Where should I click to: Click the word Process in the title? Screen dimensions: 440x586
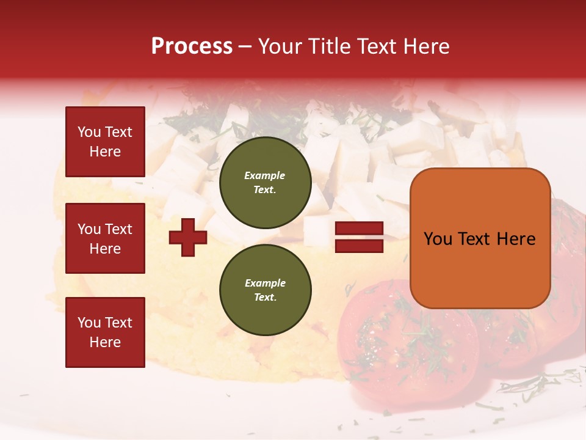click(192, 46)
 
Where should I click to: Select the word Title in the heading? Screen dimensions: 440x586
click(330, 46)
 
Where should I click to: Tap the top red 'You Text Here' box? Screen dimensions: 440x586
click(105, 142)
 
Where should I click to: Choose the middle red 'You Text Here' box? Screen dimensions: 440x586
click(105, 238)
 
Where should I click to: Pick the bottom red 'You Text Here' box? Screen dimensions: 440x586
click(105, 332)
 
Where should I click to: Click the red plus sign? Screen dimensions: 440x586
click(188, 237)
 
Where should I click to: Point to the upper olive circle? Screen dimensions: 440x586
click(265, 183)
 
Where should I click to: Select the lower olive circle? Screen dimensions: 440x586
click(265, 290)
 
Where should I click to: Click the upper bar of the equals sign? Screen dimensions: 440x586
click(359, 229)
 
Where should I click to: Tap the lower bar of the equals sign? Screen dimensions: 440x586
click(359, 246)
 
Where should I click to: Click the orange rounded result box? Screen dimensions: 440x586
click(480, 238)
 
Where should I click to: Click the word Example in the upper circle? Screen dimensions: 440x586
click(264, 175)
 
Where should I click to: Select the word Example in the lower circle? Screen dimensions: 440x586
click(265, 283)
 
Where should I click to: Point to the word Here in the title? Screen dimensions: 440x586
click(427, 46)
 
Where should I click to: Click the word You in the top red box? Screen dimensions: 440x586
click(89, 132)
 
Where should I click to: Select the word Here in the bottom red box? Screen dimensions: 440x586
click(105, 342)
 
